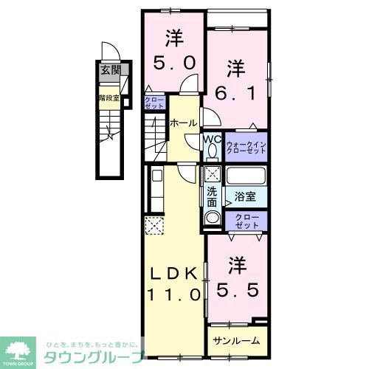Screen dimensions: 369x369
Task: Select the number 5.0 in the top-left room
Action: point(175,63)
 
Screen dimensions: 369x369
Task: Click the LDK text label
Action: point(175,274)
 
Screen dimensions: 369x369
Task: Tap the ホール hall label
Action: point(183,123)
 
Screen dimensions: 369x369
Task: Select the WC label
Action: point(212,137)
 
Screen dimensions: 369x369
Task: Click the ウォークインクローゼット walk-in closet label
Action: point(246,146)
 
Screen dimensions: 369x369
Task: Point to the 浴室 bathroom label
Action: point(245,196)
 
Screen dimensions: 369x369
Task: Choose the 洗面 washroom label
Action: point(213,196)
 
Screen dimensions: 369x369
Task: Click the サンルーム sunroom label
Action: point(236,341)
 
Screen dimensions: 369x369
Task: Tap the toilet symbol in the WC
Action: point(212,151)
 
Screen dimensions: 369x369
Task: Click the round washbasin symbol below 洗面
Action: point(213,218)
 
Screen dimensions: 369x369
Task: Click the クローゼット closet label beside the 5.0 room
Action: point(154,102)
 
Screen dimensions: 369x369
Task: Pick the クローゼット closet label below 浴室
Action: point(246,219)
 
